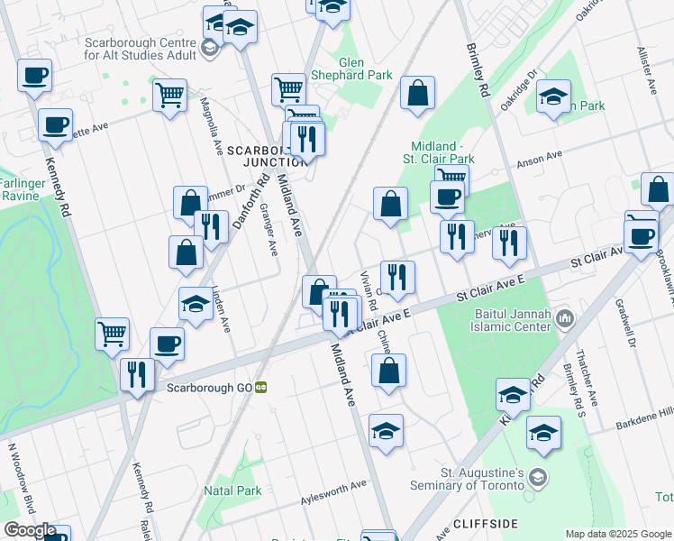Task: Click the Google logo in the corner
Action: click(30, 530)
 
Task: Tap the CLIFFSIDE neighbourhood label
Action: click(485, 523)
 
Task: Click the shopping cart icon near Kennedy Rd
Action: click(113, 334)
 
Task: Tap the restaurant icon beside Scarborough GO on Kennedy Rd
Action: click(137, 373)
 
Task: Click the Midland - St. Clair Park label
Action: click(442, 153)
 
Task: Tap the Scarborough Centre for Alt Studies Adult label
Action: click(139, 48)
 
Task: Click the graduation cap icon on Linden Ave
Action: click(196, 305)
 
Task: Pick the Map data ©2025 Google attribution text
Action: click(618, 533)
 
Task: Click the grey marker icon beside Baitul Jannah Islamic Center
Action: click(565, 318)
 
